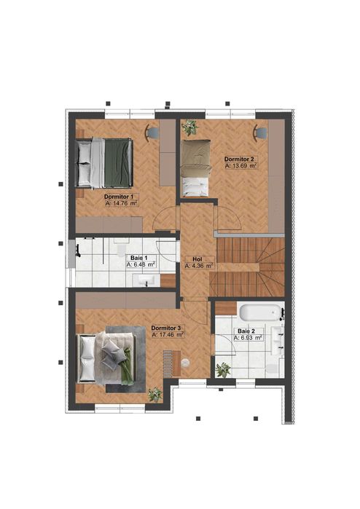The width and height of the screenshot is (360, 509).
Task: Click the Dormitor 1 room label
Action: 118,197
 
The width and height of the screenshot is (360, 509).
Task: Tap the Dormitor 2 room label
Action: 239,159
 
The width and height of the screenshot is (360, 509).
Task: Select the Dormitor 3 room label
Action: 167,328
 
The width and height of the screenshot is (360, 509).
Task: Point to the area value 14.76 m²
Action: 121,204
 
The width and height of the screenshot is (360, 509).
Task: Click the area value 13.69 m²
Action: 242,166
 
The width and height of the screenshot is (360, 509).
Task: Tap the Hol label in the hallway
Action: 197,259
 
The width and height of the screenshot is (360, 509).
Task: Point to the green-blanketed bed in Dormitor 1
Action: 106,162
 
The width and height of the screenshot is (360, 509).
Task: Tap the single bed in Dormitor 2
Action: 195,169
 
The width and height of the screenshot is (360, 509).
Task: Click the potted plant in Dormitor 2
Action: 190,127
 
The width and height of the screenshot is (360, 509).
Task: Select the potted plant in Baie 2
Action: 223,370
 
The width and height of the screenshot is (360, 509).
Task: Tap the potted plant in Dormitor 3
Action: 155,395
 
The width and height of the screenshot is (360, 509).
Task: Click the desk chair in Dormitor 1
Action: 152,132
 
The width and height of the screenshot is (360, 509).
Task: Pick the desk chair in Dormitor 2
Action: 260,132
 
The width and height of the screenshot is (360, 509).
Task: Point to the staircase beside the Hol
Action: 247,266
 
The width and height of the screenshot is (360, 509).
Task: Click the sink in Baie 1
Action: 148,280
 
